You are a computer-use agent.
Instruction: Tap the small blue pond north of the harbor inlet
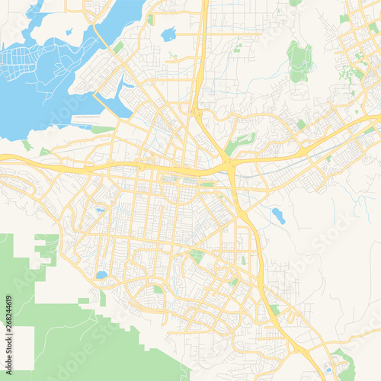168,34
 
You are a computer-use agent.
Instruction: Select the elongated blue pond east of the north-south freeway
278,216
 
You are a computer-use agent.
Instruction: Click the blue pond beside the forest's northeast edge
101,274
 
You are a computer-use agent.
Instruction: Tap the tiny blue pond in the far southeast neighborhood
328,369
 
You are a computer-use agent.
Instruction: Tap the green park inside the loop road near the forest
157,290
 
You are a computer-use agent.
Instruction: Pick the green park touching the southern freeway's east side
274,309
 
